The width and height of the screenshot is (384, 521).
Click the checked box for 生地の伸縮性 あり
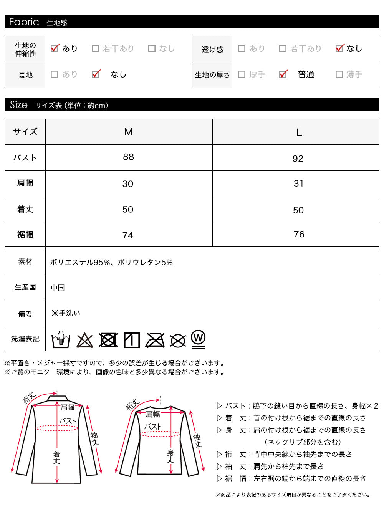point(55,48)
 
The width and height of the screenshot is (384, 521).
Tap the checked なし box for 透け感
point(339,48)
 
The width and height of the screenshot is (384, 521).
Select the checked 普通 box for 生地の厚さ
point(283,74)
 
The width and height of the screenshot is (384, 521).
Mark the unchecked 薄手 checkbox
point(339,74)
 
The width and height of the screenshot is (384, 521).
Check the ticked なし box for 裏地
point(96,74)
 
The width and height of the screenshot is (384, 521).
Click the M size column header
point(128,132)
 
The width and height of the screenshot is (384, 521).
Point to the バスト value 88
point(128,157)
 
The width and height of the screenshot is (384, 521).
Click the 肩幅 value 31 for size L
point(298,184)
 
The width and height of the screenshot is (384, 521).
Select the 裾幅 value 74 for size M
point(128,235)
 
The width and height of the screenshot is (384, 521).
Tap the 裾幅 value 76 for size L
point(299,234)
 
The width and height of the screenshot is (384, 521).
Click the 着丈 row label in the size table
point(25,209)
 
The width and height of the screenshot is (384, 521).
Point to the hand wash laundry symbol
point(61,339)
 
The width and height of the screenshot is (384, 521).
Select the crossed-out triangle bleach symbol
point(85,341)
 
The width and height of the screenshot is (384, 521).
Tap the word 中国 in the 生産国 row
point(58,288)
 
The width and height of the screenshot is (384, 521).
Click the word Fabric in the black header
point(24,22)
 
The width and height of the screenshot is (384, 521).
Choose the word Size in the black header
point(19,105)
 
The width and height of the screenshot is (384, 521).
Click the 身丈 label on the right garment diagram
point(170,456)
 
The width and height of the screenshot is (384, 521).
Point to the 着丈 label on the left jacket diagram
point(56,457)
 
